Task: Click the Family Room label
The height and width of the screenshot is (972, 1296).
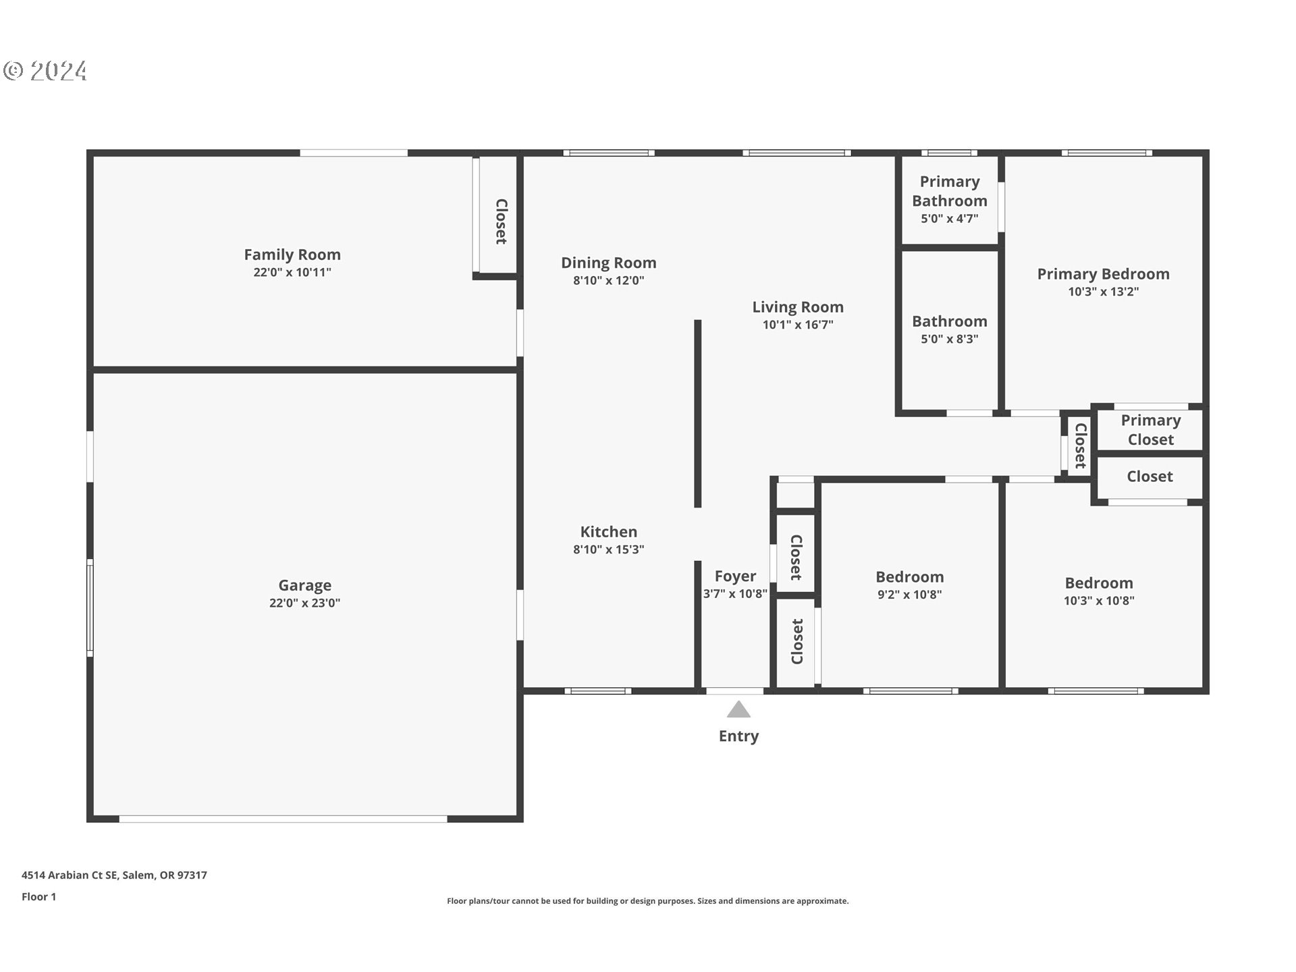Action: (292, 255)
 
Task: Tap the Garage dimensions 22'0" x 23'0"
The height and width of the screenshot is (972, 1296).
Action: (304, 603)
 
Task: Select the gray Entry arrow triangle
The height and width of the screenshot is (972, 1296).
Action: (738, 710)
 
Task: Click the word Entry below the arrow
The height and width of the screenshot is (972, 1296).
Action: (738, 736)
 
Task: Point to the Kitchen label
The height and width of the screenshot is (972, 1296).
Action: (608, 532)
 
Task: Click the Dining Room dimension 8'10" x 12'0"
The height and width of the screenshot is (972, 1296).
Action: (608, 281)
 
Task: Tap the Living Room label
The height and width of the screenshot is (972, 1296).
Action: (798, 308)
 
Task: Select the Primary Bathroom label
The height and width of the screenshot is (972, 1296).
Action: (949, 191)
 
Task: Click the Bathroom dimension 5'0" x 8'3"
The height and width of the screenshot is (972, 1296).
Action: (949, 340)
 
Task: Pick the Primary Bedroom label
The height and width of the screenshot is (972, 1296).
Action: (1103, 274)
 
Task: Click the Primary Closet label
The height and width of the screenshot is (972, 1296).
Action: (1150, 430)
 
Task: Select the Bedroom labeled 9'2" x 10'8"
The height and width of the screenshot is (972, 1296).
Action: (909, 578)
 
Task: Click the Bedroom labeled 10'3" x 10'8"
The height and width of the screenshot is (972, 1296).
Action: (1098, 584)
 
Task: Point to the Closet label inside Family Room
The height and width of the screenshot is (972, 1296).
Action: (501, 221)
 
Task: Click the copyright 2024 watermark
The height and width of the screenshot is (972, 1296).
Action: (46, 71)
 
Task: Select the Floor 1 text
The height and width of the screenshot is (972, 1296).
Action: (38, 897)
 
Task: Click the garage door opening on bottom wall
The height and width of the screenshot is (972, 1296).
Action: (283, 819)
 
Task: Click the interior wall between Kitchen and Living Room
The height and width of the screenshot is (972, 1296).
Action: (698, 413)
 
